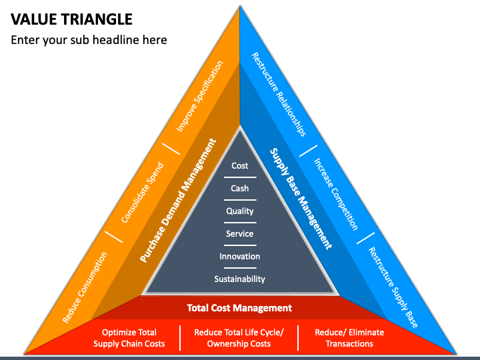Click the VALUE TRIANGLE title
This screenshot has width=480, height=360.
pos(71,19)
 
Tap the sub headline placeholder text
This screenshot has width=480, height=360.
pos(89,40)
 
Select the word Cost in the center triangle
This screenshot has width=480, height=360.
pos(240,165)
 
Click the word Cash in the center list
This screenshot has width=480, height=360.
pos(240,188)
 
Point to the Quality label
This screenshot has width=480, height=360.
pos(240,211)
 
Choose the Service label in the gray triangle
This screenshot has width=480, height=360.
pos(240,233)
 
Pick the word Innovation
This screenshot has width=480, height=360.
pos(240,256)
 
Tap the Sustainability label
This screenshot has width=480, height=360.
pos(240,279)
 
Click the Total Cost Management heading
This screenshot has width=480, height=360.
pos(239,307)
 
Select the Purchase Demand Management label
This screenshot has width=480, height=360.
pos(178,200)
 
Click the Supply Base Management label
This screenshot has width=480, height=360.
pos(301,199)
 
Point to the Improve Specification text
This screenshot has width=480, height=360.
pos(199,97)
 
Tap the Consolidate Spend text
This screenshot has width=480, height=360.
pos(143,193)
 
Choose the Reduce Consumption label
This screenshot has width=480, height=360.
pos(85,287)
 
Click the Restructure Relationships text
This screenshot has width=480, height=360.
pos(279,94)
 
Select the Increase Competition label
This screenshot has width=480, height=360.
pos(336,194)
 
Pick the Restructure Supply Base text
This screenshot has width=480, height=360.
pos(393,287)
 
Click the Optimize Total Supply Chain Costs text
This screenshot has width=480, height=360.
pos(129,338)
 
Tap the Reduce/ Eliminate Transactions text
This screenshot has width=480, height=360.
pos(349,338)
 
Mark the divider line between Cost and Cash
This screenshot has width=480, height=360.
pos(240,177)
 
